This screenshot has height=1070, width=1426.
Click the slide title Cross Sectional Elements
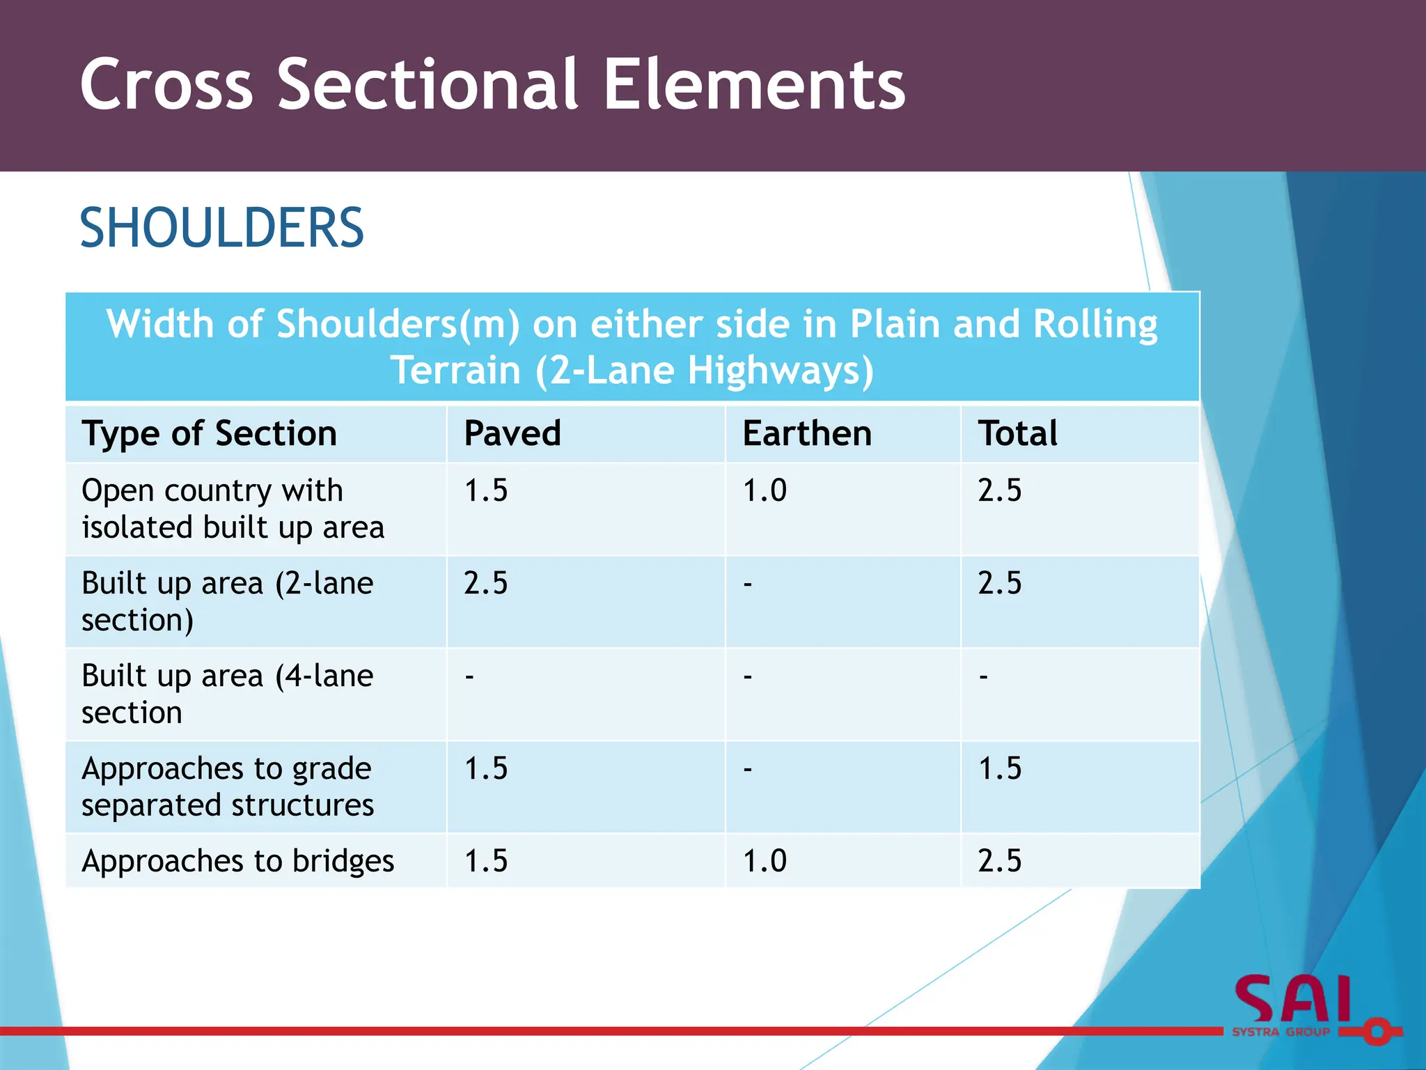point(492,85)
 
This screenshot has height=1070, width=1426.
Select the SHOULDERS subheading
point(221,228)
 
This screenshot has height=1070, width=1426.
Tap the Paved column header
point(512,433)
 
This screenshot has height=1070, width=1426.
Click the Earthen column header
point(807,433)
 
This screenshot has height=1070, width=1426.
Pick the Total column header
point(1017,433)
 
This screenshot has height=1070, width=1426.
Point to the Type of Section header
point(209,433)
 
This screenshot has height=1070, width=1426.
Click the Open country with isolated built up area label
point(233,509)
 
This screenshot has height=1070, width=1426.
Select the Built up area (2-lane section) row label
point(227,600)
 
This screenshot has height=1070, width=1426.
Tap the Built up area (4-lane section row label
point(227,694)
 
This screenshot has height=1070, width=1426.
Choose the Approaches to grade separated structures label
point(227,786)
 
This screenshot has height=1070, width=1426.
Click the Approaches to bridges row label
point(237,861)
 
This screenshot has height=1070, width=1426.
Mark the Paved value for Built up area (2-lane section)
point(486,583)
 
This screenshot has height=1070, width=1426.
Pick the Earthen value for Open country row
point(765,490)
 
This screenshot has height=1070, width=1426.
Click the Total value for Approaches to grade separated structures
point(1000,768)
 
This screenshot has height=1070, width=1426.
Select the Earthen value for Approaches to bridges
point(765,861)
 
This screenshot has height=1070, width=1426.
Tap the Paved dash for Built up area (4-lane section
point(470,676)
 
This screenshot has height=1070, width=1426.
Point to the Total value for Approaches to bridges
point(1000,861)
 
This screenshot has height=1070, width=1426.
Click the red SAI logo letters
point(1294,1000)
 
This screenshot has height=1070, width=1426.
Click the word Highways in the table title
point(780,370)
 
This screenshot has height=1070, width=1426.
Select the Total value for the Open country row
point(1000,490)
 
